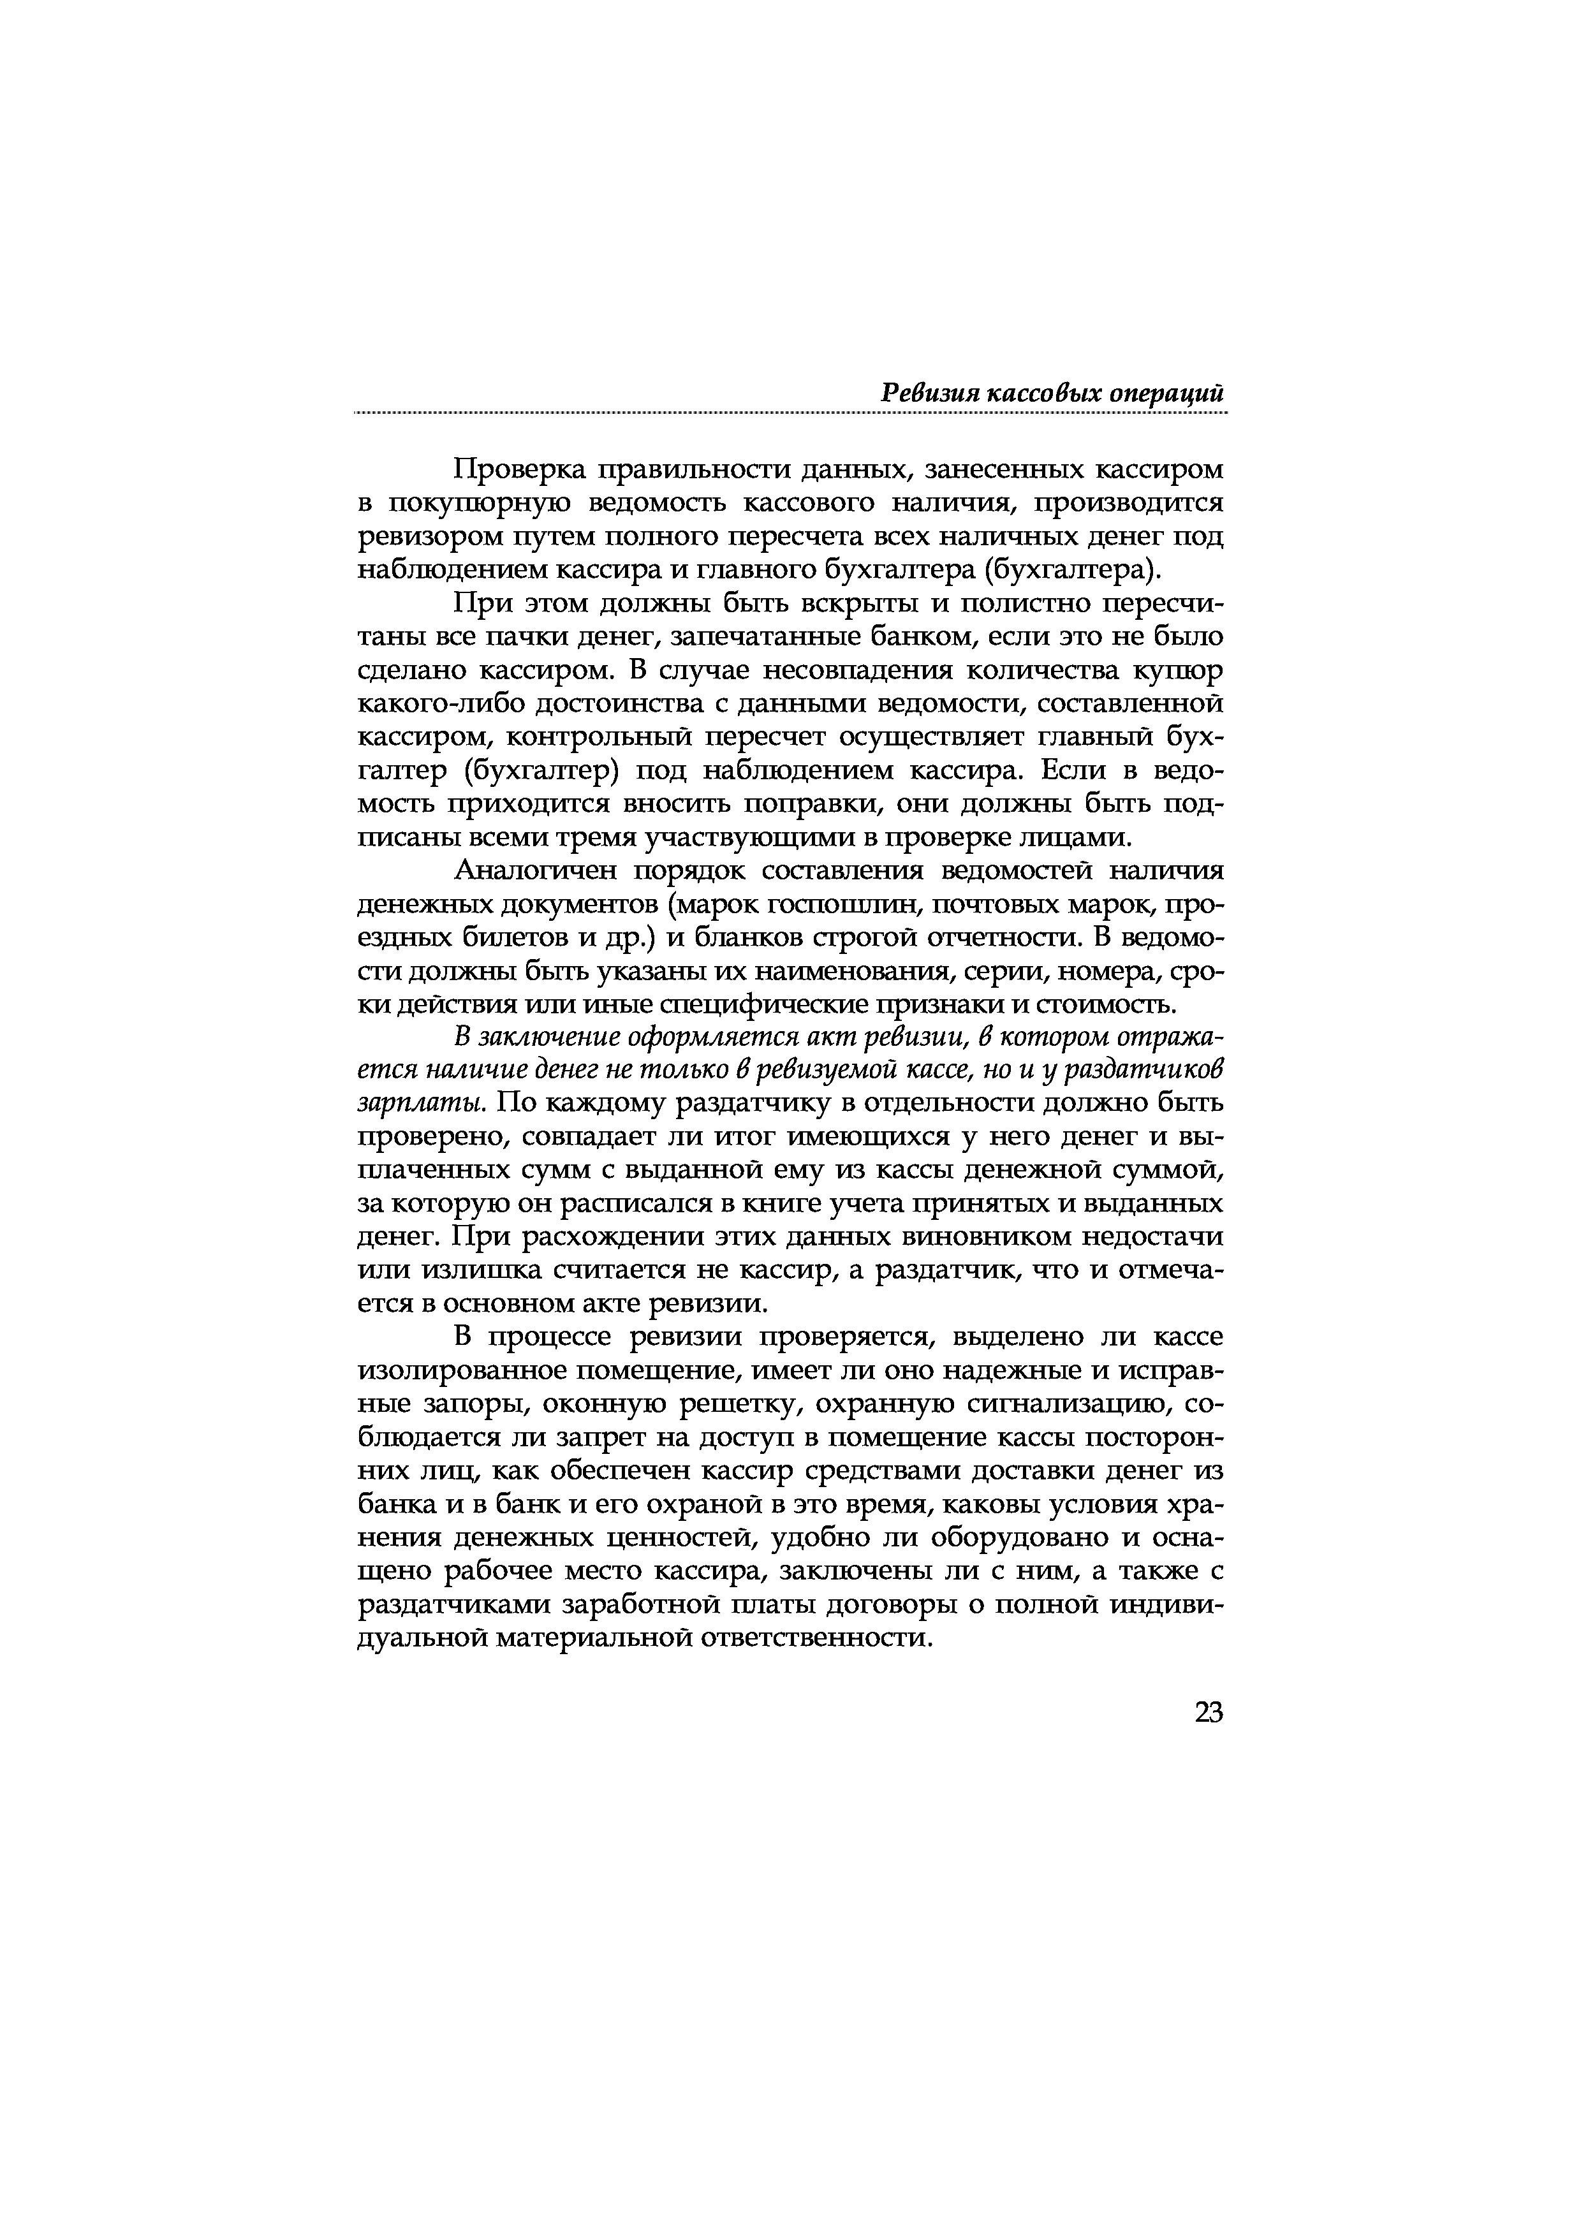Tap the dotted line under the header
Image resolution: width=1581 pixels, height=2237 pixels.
789,414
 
